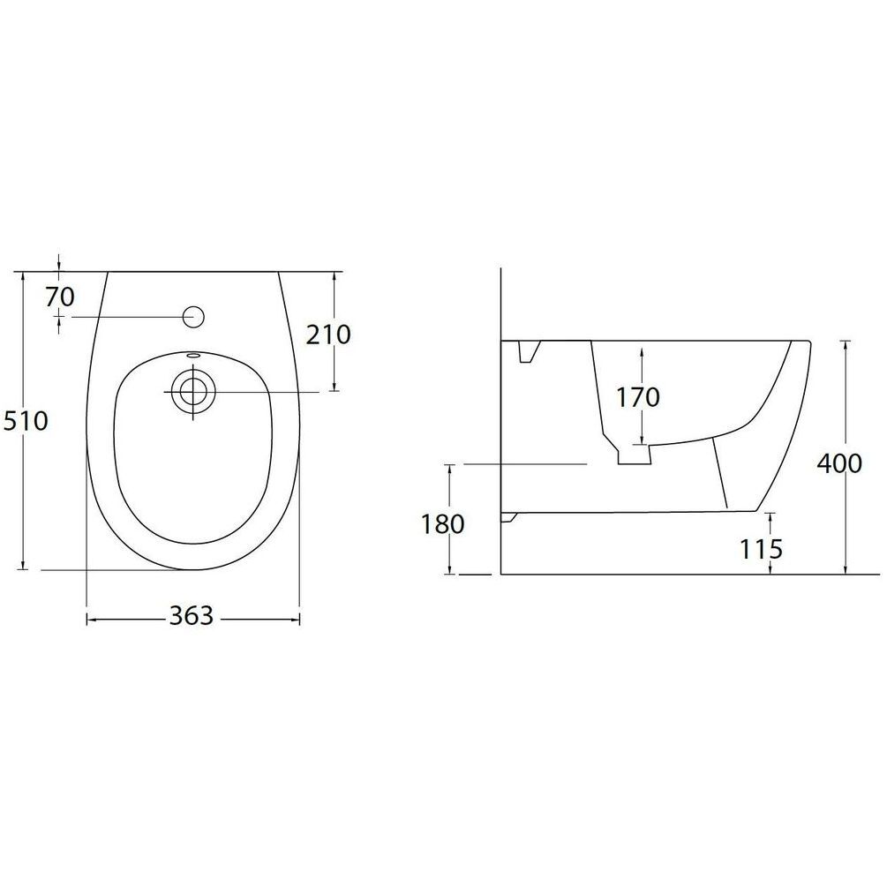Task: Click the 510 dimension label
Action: point(26,421)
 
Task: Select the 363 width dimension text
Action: point(192,616)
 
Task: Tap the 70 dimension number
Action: point(60,297)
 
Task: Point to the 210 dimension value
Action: point(328,335)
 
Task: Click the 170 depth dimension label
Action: point(637,397)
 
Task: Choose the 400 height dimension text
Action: point(839,464)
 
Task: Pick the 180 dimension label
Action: point(442,524)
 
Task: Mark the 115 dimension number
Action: point(762,549)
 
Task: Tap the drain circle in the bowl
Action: point(193,390)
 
